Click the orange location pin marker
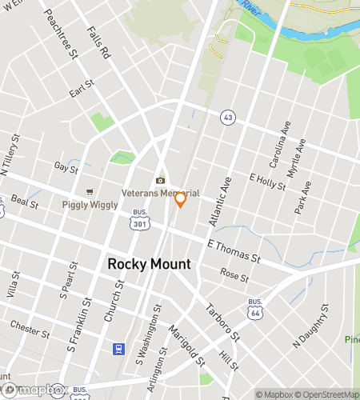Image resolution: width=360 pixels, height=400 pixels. pos(180,199)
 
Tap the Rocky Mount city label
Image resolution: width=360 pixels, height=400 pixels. pos(149,264)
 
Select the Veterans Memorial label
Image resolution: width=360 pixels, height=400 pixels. pos(160,194)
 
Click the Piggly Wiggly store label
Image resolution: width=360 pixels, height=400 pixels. pos(90,205)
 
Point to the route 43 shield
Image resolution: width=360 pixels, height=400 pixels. pos(228,117)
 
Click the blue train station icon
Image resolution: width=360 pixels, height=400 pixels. pos(118,350)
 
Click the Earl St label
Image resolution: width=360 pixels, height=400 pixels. pos(82,88)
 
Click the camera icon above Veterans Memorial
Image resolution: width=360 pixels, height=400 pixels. pos(160,180)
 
